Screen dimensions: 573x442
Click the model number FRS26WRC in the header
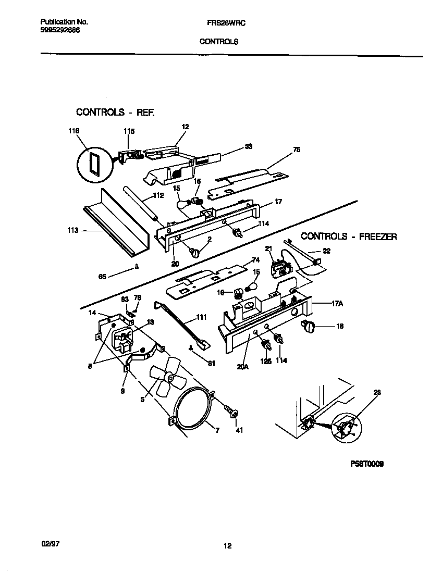click(219, 23)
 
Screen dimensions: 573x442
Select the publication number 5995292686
click(60, 30)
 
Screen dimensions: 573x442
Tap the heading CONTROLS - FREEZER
click(349, 236)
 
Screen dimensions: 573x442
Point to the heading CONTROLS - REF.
click(115, 112)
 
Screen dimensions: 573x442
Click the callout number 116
click(73, 131)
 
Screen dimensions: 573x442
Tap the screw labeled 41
click(232, 414)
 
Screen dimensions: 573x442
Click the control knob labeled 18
click(309, 327)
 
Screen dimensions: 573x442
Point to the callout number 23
click(377, 392)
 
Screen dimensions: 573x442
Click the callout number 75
click(297, 150)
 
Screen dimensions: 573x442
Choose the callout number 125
click(266, 360)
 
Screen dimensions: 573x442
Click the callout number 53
click(248, 147)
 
